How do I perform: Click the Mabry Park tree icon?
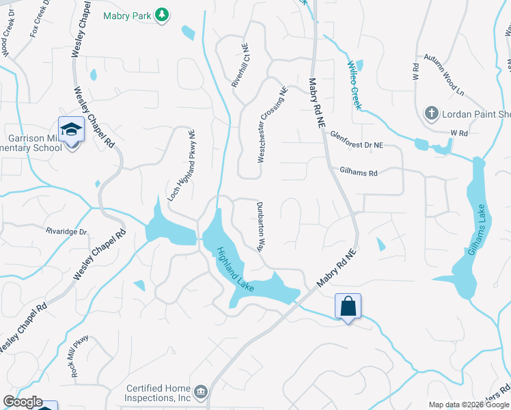coord(162,15)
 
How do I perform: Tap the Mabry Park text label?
coord(127,15)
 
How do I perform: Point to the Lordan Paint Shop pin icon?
coord(431,113)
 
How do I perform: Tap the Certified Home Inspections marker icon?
coord(201,392)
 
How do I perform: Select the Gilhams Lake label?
coord(480,233)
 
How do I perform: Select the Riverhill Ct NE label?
coord(239,66)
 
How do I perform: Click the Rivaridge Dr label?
coord(67,232)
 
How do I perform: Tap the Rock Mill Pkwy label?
coord(80,357)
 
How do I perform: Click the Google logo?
coord(23,402)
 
